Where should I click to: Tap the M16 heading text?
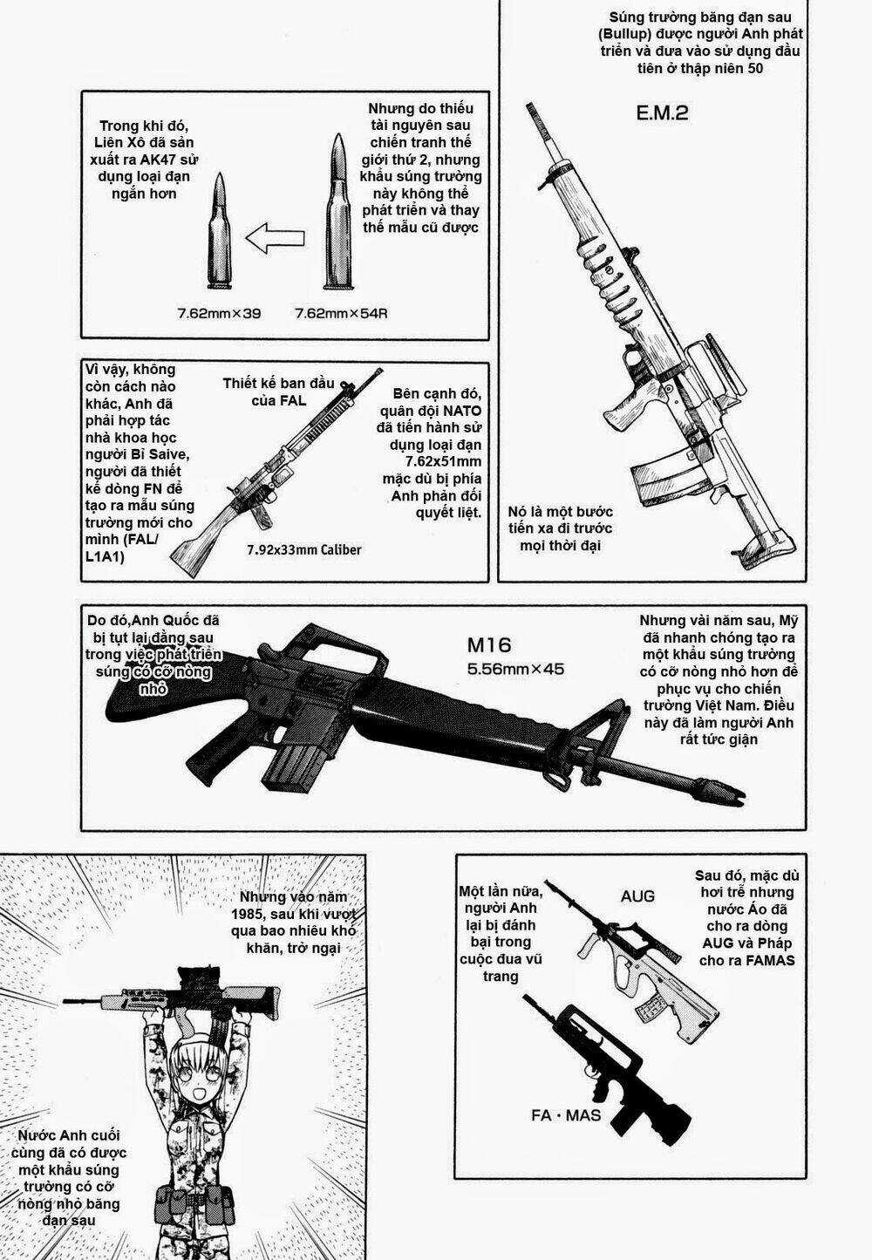(x=488, y=646)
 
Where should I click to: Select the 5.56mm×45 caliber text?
(x=515, y=670)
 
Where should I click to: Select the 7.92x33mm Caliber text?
(x=303, y=549)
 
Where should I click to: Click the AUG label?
(x=637, y=896)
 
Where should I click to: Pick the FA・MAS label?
(x=566, y=1115)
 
